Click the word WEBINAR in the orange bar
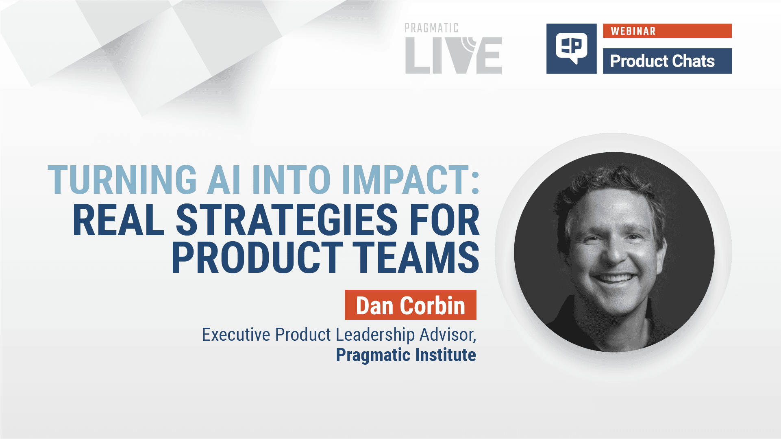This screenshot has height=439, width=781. (x=633, y=31)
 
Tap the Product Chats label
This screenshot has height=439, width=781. (x=662, y=61)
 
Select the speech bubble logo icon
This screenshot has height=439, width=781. (x=571, y=48)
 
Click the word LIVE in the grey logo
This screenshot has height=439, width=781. (x=453, y=56)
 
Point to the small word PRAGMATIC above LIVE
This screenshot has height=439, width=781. (x=431, y=28)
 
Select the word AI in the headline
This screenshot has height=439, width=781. (x=224, y=180)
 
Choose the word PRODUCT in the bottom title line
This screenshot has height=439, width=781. (x=257, y=258)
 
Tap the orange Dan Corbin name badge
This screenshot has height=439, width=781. (x=410, y=305)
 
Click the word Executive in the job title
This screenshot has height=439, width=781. (x=236, y=335)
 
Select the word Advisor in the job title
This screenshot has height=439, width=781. (x=447, y=335)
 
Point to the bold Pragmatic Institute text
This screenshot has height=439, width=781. (x=406, y=355)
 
